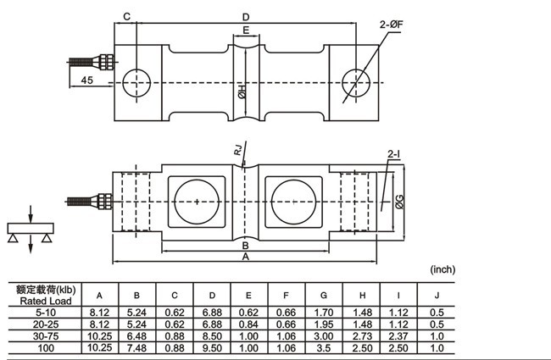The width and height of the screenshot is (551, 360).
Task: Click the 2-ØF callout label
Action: coord(391,25)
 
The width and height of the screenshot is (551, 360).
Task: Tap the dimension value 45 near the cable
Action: coord(86,80)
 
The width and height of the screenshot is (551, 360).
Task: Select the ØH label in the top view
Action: coord(242,91)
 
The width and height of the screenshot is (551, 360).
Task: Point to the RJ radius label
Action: coord(238,150)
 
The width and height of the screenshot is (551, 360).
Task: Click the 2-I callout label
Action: coord(393,154)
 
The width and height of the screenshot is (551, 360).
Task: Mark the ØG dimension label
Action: coord(399,202)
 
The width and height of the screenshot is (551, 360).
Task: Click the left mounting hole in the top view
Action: coord(136,83)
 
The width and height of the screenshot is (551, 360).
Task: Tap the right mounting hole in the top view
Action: coord(356,83)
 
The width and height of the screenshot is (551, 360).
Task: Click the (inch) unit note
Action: coord(442,269)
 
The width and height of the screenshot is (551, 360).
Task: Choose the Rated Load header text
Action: coord(46,301)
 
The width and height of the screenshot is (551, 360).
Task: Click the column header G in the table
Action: coord(324,296)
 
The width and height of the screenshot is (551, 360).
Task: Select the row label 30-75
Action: coord(46,336)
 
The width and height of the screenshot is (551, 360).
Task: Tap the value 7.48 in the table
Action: coord(136,348)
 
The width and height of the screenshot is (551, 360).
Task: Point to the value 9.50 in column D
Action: coord(212,348)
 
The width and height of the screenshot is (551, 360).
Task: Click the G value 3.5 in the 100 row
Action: coord(323,348)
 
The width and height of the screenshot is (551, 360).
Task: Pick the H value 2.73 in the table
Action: coord(362,336)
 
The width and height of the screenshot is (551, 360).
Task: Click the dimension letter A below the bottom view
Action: coord(246,257)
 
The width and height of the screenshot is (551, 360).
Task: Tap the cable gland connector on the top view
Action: coord(106,62)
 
